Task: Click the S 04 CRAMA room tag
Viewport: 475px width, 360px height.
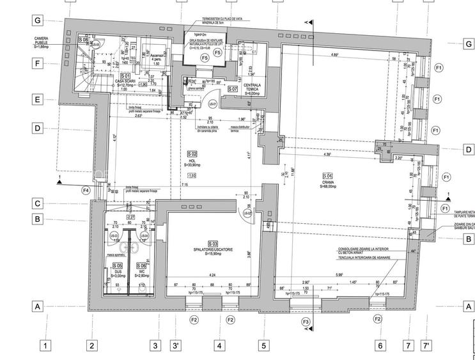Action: (x=327, y=176)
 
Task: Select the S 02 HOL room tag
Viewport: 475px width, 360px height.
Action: (x=192, y=154)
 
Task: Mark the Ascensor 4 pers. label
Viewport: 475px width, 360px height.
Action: (x=156, y=57)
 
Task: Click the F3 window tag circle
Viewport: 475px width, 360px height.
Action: (x=306, y=321)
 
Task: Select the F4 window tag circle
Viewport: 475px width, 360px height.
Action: (x=86, y=190)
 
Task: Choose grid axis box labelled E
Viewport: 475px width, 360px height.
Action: (x=38, y=100)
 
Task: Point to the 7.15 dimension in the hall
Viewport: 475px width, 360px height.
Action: (x=184, y=185)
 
